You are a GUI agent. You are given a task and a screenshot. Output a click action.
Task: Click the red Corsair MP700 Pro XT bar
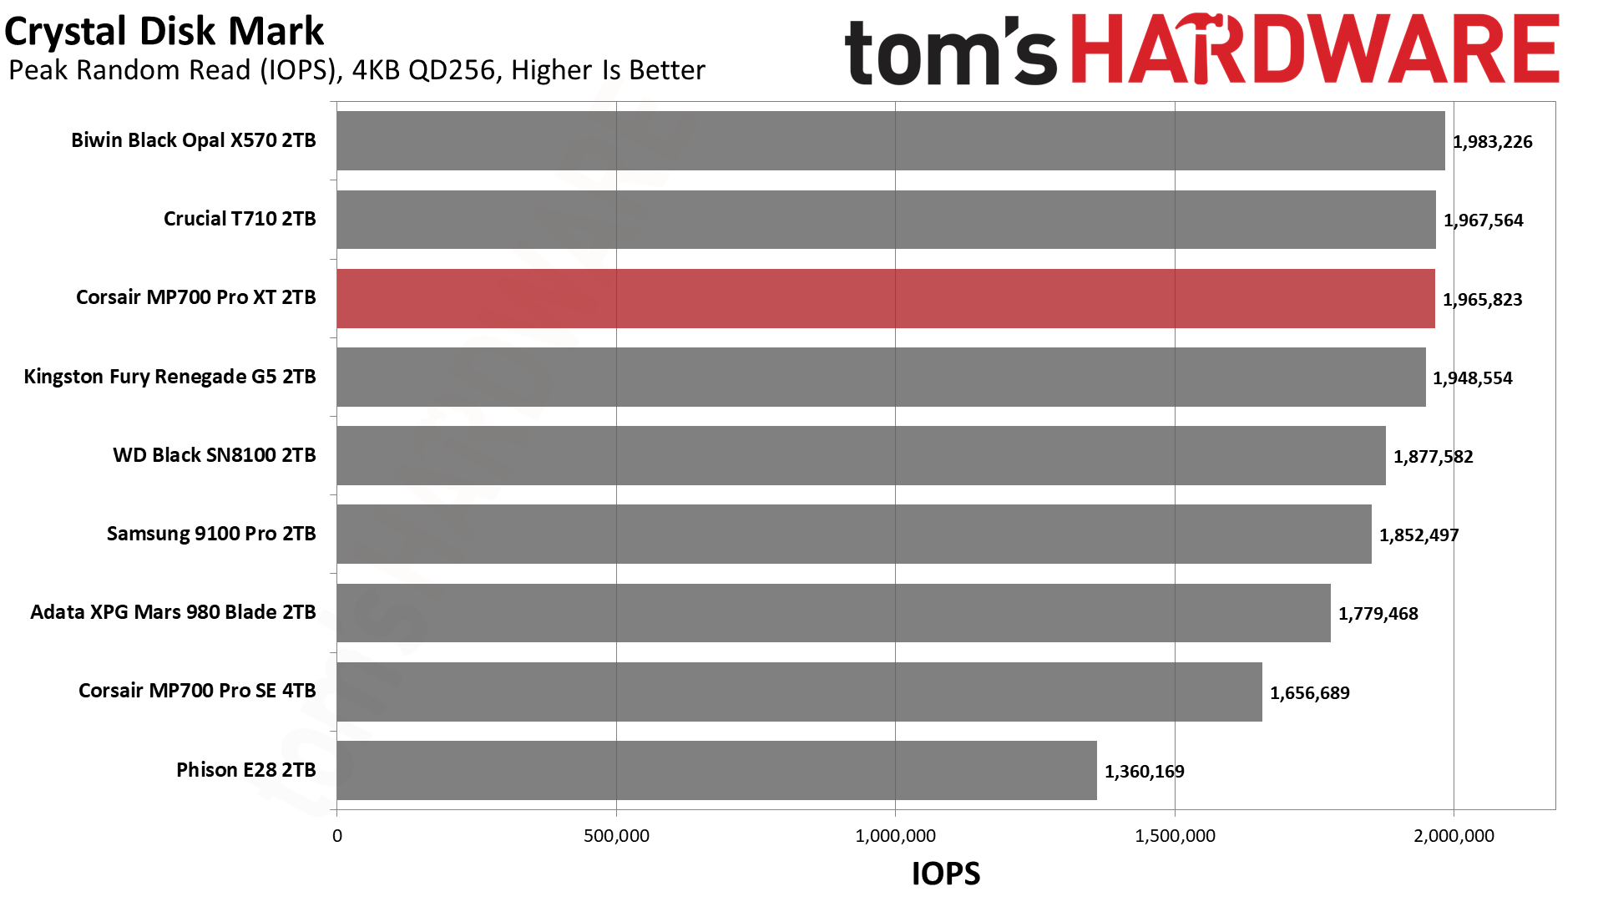[885, 298]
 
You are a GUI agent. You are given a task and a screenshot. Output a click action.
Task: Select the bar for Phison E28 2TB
[716, 770]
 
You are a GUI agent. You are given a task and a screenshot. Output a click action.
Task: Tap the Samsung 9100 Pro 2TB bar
[853, 534]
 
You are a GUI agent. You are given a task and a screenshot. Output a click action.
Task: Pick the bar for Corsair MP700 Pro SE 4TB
[799, 692]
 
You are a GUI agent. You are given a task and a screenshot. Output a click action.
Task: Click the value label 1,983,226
[1492, 142]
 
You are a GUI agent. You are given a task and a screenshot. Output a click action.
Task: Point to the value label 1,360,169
[1144, 772]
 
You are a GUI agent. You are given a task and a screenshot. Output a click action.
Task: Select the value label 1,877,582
[1433, 457]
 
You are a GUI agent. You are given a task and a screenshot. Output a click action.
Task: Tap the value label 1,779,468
[1378, 614]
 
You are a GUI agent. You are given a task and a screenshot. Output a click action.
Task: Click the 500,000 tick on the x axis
[616, 836]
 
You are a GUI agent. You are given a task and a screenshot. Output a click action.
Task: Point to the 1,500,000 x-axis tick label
[1175, 836]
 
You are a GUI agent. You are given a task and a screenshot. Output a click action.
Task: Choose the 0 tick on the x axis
[337, 836]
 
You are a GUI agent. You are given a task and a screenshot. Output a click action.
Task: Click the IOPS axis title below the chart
[945, 874]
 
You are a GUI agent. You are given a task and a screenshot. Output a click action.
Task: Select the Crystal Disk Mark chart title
[164, 32]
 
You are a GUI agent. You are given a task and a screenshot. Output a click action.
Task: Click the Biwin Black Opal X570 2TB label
[193, 140]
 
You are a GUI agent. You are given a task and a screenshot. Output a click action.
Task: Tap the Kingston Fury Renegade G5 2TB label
[169, 377]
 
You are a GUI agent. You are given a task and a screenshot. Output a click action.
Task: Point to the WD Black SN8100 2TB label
[214, 455]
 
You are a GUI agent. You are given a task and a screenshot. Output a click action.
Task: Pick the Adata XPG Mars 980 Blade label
[173, 612]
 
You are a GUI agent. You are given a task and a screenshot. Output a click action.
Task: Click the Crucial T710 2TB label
[240, 219]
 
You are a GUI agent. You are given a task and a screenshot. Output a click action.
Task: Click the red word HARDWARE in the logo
[1314, 50]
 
